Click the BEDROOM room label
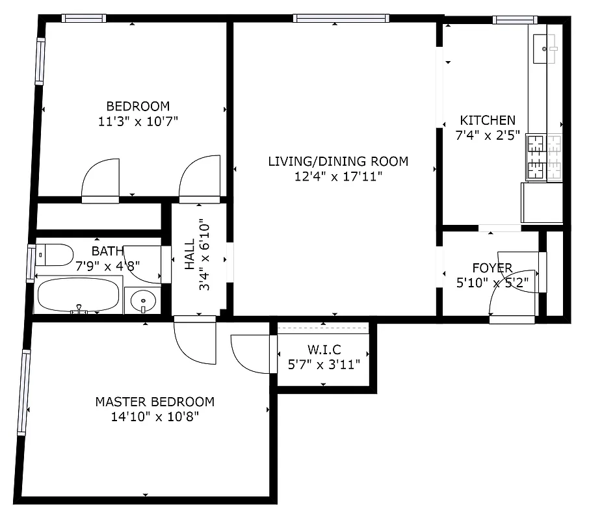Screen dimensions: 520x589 [138, 106]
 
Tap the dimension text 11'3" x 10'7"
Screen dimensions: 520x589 [138, 121]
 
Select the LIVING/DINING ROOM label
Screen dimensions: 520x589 [338, 161]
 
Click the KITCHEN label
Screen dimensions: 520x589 [488, 120]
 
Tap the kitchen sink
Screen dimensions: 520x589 [545, 49]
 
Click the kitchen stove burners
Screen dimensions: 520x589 [543, 157]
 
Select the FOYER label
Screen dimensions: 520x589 [492, 268]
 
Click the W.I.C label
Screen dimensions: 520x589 [323, 350]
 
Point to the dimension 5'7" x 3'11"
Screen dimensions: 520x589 [323, 365]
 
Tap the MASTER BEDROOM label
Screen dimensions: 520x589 [155, 402]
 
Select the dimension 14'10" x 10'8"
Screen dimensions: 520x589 [155, 417]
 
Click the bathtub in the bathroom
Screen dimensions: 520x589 [79, 296]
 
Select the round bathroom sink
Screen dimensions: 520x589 [143, 300]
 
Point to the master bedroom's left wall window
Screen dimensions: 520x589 [25, 392]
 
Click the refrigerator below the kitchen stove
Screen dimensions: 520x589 [542, 203]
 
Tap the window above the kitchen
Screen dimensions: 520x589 [515, 19]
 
